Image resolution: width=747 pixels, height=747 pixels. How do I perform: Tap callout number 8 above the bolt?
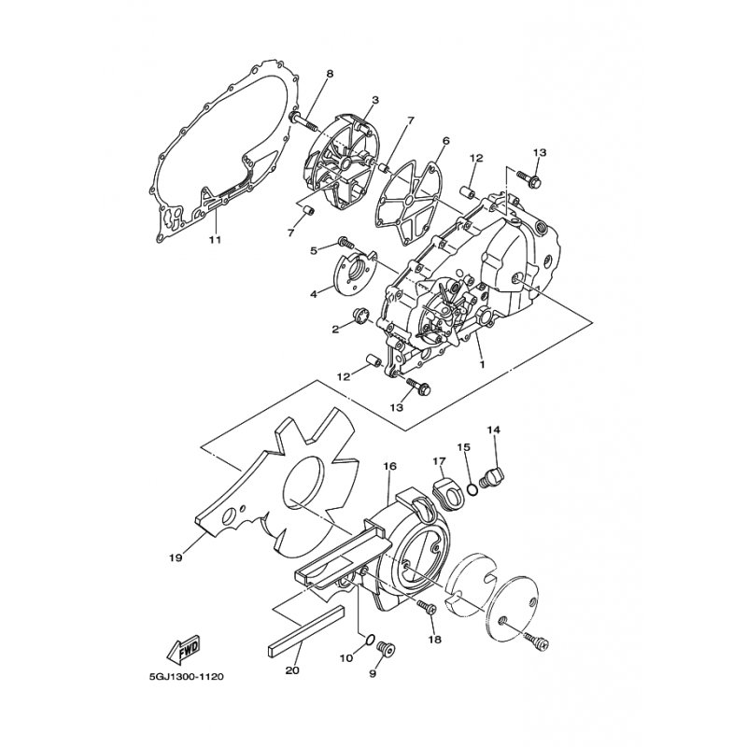click(x=330, y=75)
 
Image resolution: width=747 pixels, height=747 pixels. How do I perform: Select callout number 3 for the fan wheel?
click(x=376, y=101)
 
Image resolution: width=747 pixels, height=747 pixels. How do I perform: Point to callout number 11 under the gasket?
click(x=215, y=240)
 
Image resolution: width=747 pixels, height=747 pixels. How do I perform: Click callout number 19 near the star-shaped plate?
click(x=176, y=557)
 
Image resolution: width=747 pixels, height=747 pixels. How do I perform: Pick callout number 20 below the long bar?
click(x=292, y=670)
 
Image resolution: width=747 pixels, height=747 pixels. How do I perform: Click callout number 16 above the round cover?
click(x=389, y=466)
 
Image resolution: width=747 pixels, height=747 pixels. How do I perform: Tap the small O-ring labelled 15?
click(x=472, y=489)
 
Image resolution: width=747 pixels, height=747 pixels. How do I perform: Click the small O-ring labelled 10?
click(x=368, y=641)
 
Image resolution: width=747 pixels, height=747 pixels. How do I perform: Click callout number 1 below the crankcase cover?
click(x=482, y=364)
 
